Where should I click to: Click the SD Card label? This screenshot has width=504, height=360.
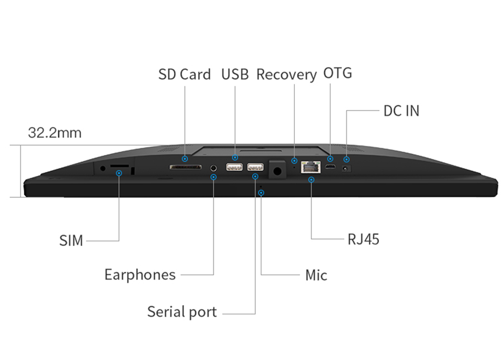pos(184,75)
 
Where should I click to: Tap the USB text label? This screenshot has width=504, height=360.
pos(235,75)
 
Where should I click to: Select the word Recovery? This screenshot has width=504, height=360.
pos(286,75)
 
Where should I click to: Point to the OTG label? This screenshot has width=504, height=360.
pos(337,73)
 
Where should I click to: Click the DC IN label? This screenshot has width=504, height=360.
pos(401,111)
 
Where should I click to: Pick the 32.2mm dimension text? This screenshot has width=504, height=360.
pos(54,133)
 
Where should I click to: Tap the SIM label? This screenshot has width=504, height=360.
pos(71,241)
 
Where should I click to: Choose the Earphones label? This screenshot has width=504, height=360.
pos(140,275)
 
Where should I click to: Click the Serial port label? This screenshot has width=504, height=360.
pos(182,312)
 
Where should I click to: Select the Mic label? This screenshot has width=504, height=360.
pos(316,275)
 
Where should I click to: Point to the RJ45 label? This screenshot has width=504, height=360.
pos(363,238)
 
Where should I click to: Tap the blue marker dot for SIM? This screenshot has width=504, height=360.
pos(119,173)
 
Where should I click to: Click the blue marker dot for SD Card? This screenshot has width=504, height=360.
pos(185,158)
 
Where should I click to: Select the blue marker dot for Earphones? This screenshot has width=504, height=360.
pos(213,177)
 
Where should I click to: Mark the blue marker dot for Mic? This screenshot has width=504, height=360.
pos(261,193)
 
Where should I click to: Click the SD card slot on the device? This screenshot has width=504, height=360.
pos(185,166)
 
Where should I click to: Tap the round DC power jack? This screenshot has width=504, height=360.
pos(346,168)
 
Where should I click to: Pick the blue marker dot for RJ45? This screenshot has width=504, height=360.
pos(311,179)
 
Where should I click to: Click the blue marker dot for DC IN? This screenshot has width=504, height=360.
pos(346,159)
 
